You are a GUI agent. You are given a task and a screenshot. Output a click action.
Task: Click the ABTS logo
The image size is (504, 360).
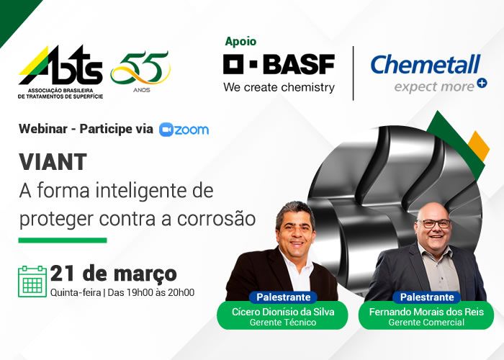60,72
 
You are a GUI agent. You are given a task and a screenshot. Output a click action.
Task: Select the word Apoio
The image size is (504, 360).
240,42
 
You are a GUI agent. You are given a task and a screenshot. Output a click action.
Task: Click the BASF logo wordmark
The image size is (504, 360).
279,64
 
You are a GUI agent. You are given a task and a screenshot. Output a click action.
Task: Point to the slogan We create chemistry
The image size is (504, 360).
279,87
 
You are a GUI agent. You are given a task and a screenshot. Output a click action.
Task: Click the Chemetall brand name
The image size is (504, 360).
425,64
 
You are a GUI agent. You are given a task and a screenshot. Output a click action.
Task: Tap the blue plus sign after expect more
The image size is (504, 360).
482,83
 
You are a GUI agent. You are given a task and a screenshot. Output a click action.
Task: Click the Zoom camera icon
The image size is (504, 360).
166,130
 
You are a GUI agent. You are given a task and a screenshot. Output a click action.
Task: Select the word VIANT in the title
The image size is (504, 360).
53,162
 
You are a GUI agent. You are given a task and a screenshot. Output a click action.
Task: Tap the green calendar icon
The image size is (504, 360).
32,282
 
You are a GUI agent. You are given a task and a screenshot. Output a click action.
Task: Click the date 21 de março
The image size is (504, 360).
114,274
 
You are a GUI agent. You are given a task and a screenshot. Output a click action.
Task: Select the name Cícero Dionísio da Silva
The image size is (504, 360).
283,312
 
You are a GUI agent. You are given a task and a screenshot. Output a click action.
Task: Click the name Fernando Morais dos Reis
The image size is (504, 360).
426,312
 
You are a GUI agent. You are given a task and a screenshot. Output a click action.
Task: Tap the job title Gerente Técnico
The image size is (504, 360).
283,323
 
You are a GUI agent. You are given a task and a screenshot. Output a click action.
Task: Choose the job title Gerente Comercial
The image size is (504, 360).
426,323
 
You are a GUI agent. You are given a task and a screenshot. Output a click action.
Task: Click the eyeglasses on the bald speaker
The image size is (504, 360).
433,224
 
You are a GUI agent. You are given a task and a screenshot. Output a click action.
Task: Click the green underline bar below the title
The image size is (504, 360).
63,240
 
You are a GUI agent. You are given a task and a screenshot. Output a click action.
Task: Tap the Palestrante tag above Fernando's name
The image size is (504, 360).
427,297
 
